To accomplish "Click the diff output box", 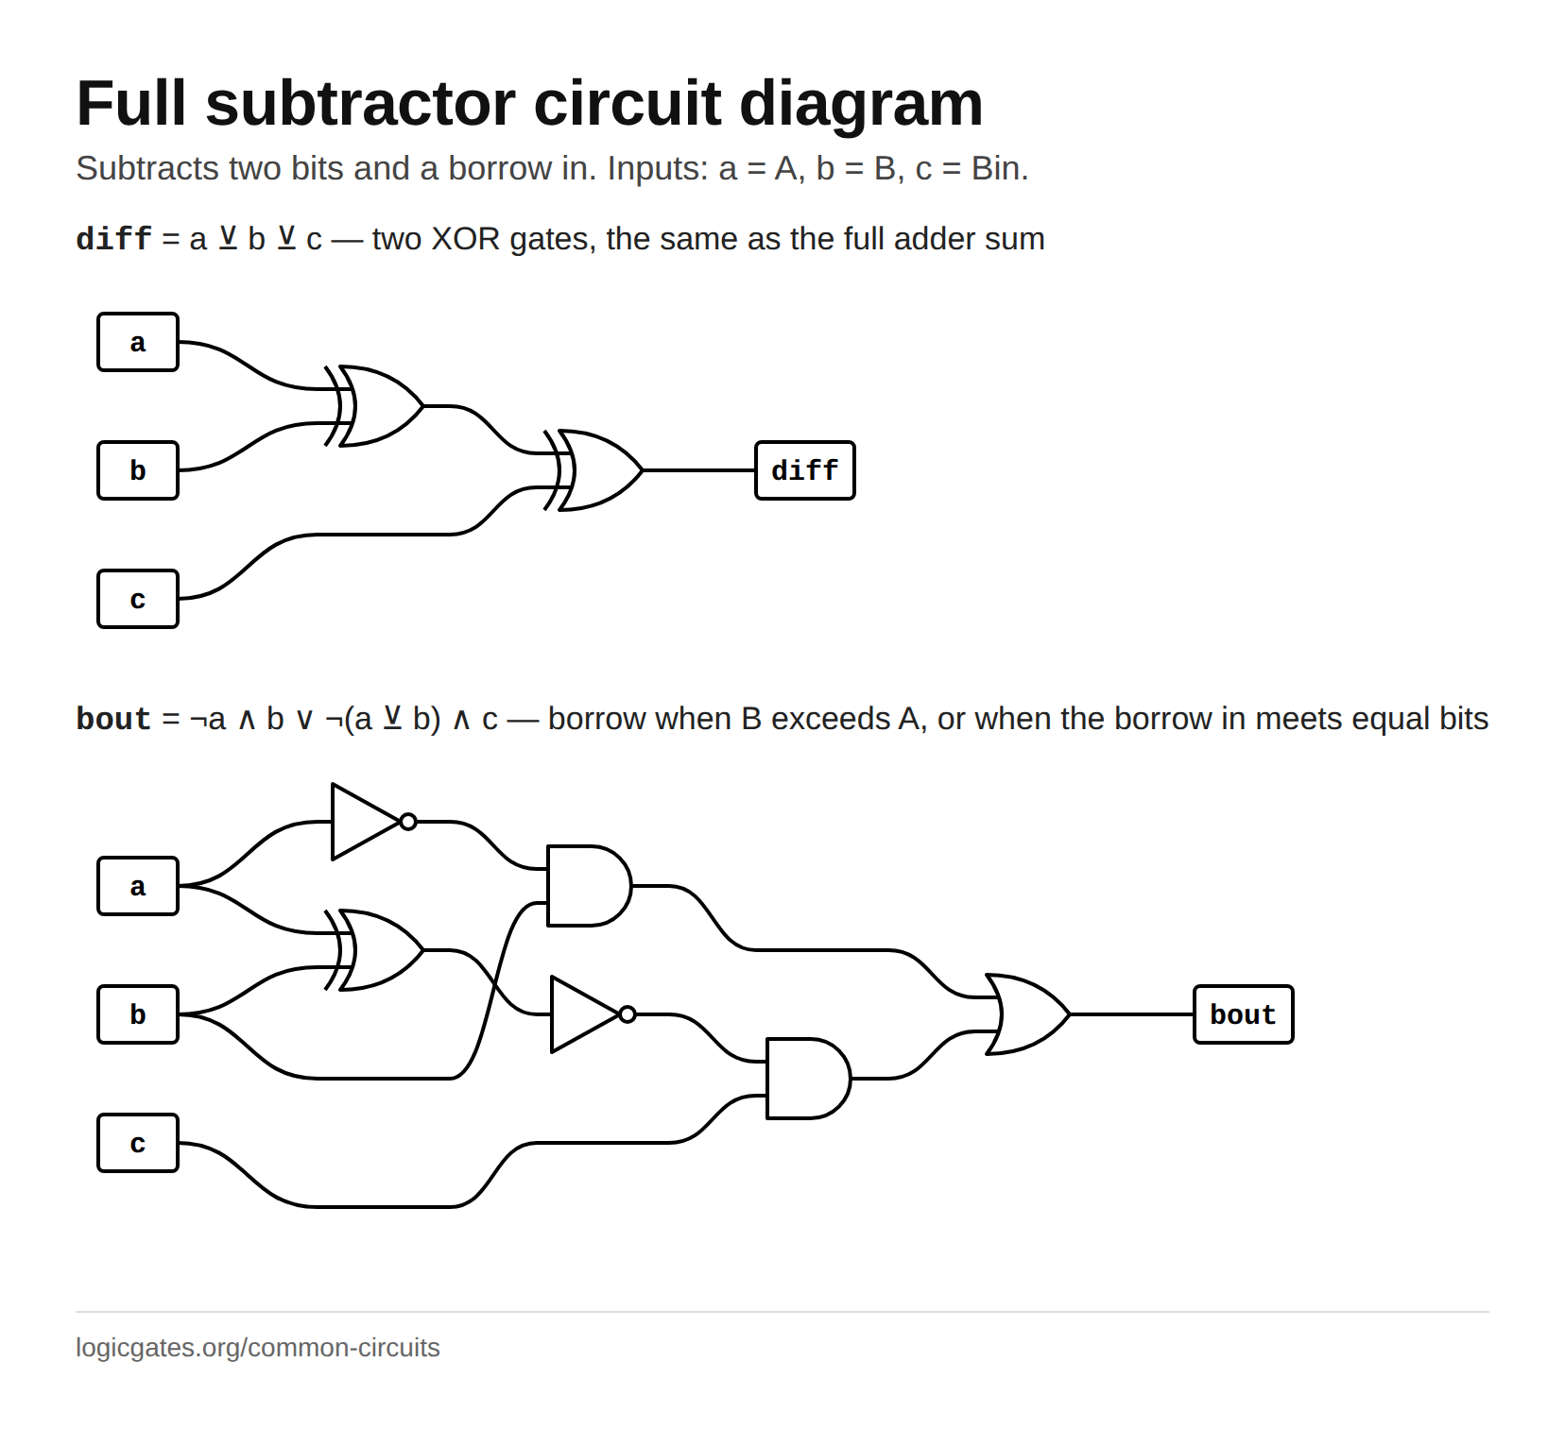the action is click(x=805, y=470).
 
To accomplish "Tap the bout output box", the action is click(x=1244, y=1014).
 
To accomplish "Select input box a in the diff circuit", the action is click(x=138, y=342).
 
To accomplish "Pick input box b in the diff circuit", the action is click(x=138, y=470).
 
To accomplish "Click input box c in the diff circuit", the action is click(x=138, y=599).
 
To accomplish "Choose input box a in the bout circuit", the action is click(x=138, y=886).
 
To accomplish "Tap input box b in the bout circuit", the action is click(x=138, y=1014).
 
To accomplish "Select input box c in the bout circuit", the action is click(x=138, y=1143).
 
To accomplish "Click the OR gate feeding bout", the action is click(x=1028, y=1014).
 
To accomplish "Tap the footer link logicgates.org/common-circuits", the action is click(x=258, y=1348).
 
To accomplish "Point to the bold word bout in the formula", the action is click(x=113, y=719).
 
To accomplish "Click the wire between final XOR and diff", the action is click(x=699, y=470).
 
